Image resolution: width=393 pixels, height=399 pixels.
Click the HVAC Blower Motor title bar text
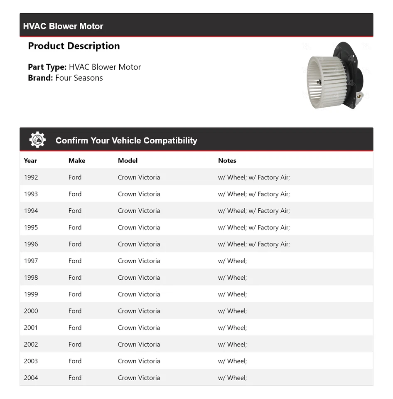63,26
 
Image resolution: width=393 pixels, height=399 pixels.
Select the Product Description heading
74,46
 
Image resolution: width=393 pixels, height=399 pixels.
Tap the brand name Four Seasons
79,78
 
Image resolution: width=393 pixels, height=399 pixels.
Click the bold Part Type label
47,67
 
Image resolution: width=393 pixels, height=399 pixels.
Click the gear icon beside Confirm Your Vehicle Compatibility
37,140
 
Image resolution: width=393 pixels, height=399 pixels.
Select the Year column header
30,161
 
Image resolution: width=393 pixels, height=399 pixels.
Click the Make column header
77,161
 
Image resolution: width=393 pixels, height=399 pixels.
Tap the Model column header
128,161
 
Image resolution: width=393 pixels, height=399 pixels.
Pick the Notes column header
227,161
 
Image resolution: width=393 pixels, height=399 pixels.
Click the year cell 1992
31,177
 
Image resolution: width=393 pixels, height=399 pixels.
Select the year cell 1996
31,244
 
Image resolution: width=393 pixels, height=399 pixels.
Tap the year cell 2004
31,378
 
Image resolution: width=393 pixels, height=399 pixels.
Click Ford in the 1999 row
75,294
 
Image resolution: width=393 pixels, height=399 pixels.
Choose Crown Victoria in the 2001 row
139,328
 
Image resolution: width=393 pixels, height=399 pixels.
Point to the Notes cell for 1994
254,211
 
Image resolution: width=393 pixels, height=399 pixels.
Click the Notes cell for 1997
232,261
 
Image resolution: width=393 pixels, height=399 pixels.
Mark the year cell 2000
31,311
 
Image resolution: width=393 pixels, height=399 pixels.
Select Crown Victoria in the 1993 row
139,194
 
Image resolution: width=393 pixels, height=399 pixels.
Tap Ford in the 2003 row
75,361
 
